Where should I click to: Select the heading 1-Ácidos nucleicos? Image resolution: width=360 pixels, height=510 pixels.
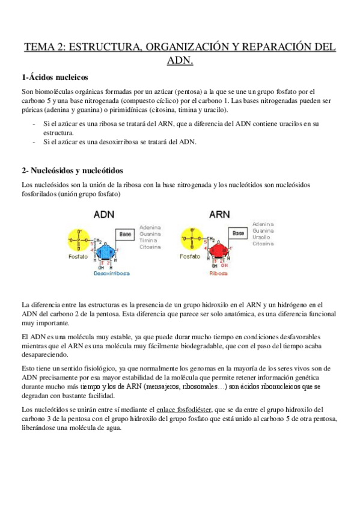[55, 78]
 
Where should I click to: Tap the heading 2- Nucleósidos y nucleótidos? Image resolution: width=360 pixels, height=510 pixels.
[80, 171]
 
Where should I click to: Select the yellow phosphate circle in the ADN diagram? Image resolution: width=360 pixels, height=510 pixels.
[79, 240]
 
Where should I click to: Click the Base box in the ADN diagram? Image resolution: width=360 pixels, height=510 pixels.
[126, 233]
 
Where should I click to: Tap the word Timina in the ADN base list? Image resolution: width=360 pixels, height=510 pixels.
[148, 240]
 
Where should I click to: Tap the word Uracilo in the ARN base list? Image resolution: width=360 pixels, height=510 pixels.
[262, 237]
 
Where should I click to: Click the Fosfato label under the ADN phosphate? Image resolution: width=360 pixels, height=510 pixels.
[78, 256]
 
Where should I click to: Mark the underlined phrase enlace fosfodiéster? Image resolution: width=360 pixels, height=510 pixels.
[183, 410]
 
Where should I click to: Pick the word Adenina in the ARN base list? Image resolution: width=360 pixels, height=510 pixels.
[263, 224]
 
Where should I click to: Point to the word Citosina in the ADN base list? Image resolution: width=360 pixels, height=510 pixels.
[150, 247]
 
